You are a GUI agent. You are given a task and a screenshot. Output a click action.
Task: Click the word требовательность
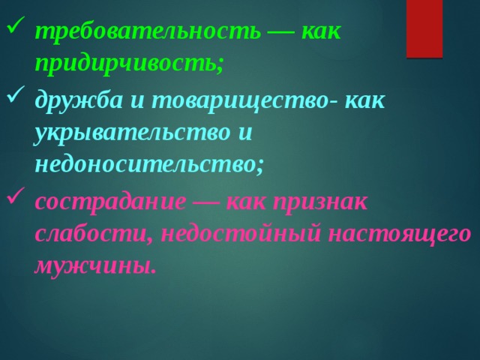[x=148, y=31]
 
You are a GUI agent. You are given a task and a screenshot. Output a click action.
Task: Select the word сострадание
[x=109, y=201]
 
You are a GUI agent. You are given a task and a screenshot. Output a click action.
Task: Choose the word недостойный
[x=239, y=232]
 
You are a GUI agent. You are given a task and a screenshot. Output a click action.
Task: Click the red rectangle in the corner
[x=424, y=28]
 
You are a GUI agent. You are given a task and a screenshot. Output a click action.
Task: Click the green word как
[x=321, y=31]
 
